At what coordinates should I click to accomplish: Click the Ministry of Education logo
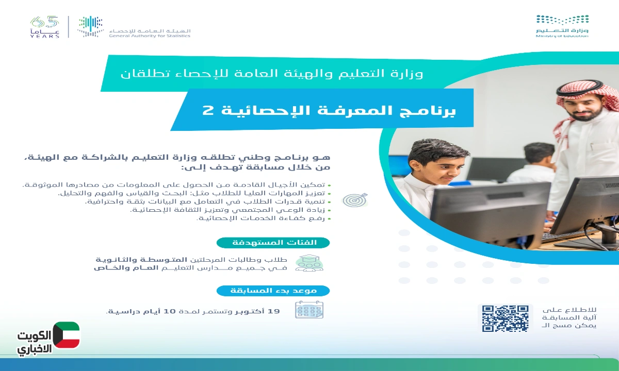[x=562, y=26]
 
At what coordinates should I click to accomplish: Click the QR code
[x=505, y=318]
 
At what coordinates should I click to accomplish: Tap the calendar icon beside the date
[x=309, y=310]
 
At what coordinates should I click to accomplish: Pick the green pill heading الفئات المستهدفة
[x=273, y=242]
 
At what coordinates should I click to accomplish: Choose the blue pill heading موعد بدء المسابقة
[x=273, y=291]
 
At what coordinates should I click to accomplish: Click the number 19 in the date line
[x=274, y=311]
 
